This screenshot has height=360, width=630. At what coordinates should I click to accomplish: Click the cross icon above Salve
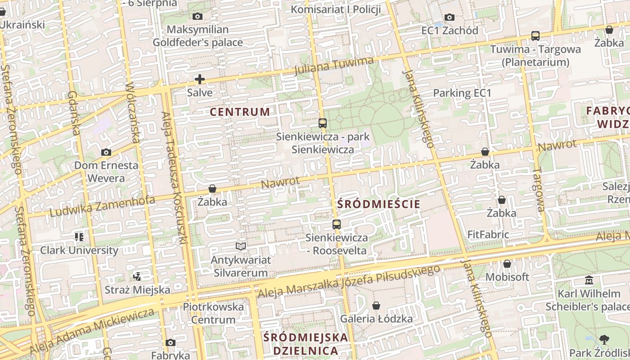pos(200,80)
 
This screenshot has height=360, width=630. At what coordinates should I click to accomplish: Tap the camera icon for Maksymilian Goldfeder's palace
pos(197,17)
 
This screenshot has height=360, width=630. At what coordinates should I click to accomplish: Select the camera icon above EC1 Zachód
pos(449,18)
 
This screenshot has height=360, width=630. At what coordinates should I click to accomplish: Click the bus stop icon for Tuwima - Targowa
pos(535,36)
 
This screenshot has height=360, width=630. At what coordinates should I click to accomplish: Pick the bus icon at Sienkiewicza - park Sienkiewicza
pos(322,123)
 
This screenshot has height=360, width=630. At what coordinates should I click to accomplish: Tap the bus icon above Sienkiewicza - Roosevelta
pos(336,225)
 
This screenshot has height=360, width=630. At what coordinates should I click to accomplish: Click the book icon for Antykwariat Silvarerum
pos(241,247)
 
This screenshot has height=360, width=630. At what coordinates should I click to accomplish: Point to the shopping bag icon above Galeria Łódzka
pos(376,306)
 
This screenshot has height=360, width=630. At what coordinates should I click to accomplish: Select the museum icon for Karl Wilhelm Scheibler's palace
pos(589,281)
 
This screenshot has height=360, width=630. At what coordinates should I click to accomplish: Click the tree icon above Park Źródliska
pos(604,340)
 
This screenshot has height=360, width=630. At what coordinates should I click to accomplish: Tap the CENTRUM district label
pos(240,112)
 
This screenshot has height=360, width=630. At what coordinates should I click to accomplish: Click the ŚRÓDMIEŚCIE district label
pos(378,204)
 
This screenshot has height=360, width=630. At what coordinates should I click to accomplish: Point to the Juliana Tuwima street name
pos(334,66)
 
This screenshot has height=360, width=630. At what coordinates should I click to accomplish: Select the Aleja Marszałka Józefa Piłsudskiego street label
pos(349,281)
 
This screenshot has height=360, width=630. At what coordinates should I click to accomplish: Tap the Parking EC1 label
pos(462,93)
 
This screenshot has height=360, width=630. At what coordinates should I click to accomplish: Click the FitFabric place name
pos(488,234)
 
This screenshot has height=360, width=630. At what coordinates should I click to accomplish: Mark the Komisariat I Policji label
pos(336,9)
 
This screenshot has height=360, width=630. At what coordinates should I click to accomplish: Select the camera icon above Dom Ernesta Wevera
pos(106,153)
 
